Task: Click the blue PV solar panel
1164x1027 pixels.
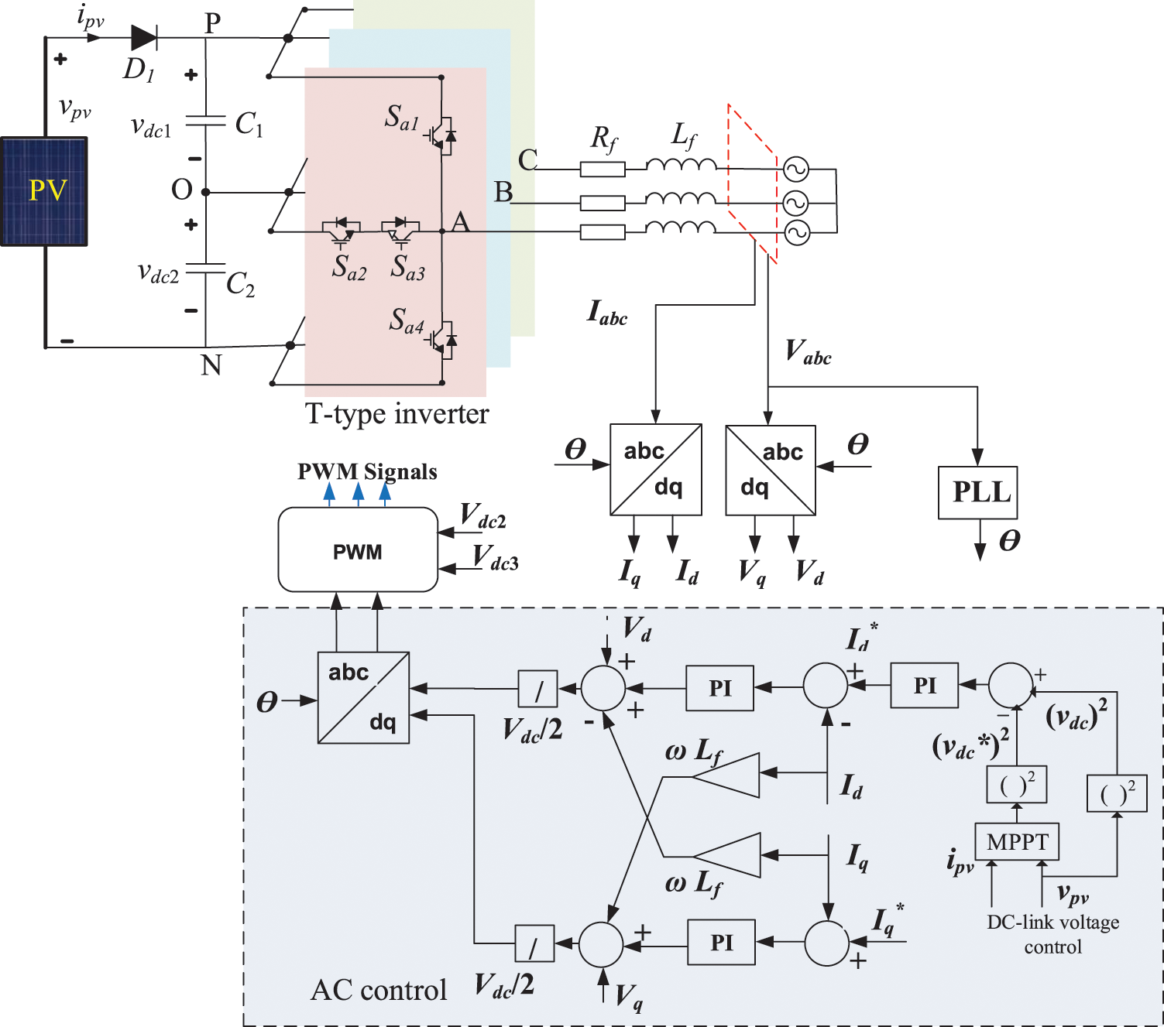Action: click(x=44, y=191)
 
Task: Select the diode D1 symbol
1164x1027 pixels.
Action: click(x=144, y=37)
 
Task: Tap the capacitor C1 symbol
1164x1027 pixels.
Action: click(x=206, y=121)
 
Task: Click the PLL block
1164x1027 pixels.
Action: click(x=977, y=492)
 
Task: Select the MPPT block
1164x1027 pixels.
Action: click(x=1017, y=841)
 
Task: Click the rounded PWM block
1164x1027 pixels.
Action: click(x=358, y=550)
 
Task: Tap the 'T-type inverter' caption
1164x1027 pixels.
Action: click(x=397, y=414)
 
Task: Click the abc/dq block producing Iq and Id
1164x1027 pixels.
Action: click(x=655, y=469)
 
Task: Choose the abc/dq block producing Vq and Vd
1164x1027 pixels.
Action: click(x=770, y=470)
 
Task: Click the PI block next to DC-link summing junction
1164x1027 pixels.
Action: click(x=924, y=686)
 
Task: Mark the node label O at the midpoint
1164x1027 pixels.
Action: click(x=181, y=190)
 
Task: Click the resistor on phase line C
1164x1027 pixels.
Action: click(x=602, y=169)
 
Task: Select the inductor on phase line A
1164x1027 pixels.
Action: click(x=680, y=228)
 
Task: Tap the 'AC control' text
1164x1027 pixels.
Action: click(x=379, y=990)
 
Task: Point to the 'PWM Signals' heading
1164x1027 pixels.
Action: click(x=367, y=471)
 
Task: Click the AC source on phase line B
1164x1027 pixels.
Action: click(x=795, y=203)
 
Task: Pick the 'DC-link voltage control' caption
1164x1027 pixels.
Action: click(x=1052, y=934)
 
